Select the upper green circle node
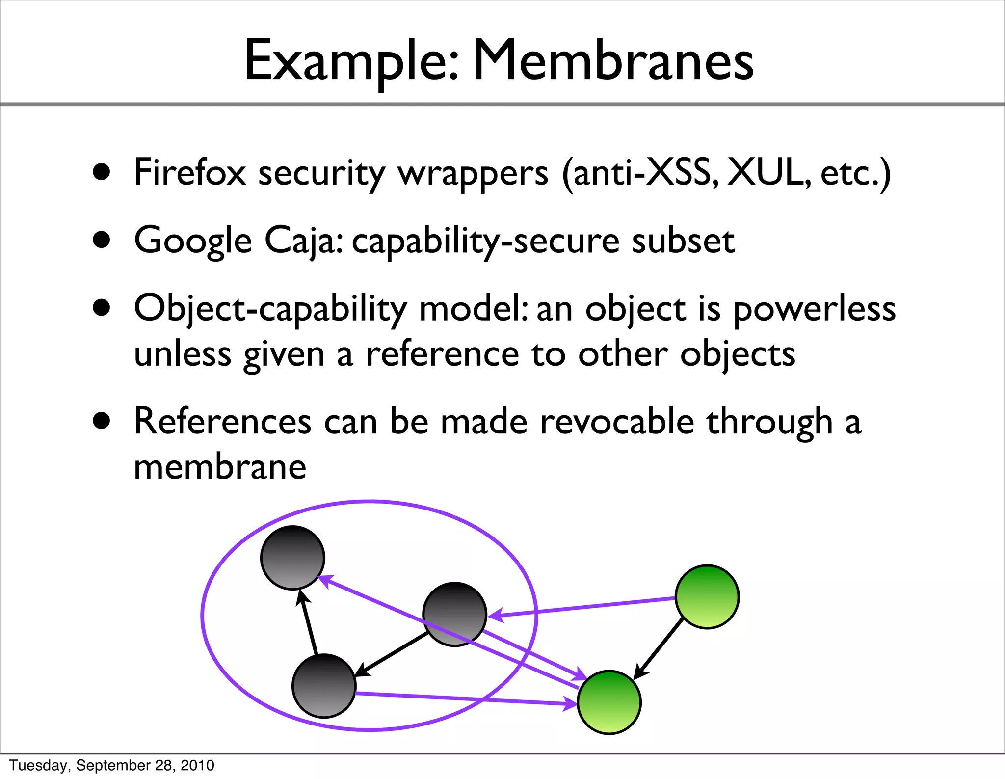tap(707, 596)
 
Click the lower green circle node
tap(609, 702)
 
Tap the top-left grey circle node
tap(292, 557)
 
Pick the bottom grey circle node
tap(323, 685)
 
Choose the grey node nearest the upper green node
tap(454, 614)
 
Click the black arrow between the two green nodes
tap(659, 648)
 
